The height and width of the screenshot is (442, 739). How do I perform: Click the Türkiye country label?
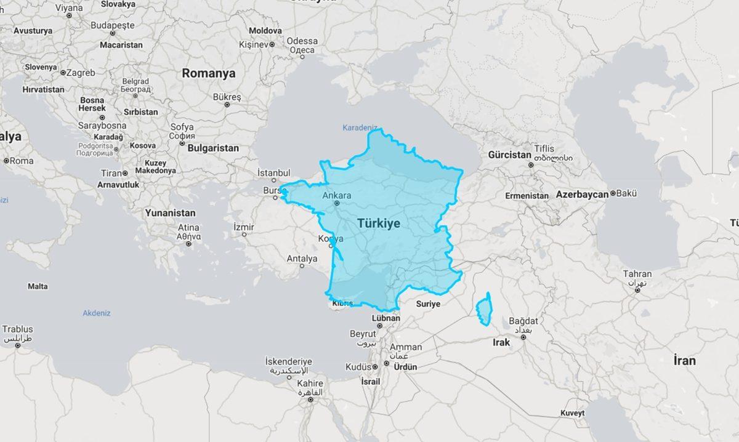click(378, 223)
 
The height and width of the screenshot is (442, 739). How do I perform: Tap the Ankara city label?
click(337, 196)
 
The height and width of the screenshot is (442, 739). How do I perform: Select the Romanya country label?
click(208, 73)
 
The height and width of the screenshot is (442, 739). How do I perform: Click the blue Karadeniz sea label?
click(360, 127)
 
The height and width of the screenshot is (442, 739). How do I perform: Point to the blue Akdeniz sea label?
click(97, 313)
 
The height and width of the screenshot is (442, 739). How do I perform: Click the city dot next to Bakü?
click(613, 194)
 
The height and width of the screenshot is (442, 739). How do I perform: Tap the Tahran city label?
click(637, 274)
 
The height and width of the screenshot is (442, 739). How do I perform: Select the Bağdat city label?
click(524, 321)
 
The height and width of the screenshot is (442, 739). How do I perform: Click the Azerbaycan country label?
click(582, 194)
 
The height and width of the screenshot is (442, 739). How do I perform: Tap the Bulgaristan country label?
click(212, 148)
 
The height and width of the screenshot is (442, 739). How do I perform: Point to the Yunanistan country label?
click(170, 213)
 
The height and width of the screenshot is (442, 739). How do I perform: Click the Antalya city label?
click(302, 259)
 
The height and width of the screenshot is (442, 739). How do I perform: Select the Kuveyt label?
click(572, 412)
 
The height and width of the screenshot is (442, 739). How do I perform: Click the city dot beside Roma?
click(6, 161)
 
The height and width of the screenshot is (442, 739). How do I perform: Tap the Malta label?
click(38, 286)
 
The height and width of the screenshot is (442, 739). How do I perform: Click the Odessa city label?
click(302, 41)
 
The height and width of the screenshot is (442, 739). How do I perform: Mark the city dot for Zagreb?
click(63, 73)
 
